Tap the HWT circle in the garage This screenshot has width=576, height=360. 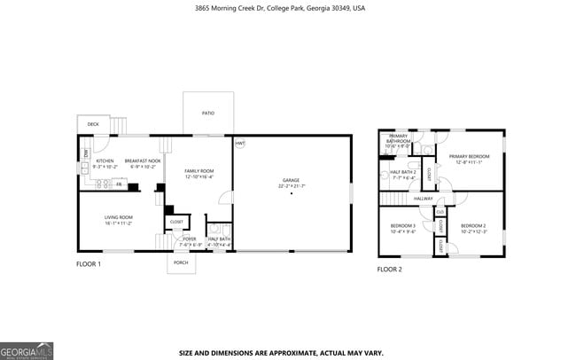240,144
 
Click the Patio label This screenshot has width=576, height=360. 208,113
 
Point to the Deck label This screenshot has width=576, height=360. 93,124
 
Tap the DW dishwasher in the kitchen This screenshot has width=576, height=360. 86,153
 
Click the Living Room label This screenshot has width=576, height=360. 119,217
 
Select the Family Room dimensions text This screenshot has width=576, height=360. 199,176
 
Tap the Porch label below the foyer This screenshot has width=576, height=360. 181,262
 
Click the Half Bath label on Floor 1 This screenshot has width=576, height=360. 219,239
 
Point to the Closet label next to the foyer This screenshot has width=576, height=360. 176,222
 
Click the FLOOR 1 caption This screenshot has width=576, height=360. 88,264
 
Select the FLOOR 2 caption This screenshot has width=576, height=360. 389,269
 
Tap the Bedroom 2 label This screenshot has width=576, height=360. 472,225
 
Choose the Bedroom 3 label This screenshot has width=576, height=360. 403,226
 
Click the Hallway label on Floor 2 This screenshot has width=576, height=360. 423,199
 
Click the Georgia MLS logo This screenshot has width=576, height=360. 27,349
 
